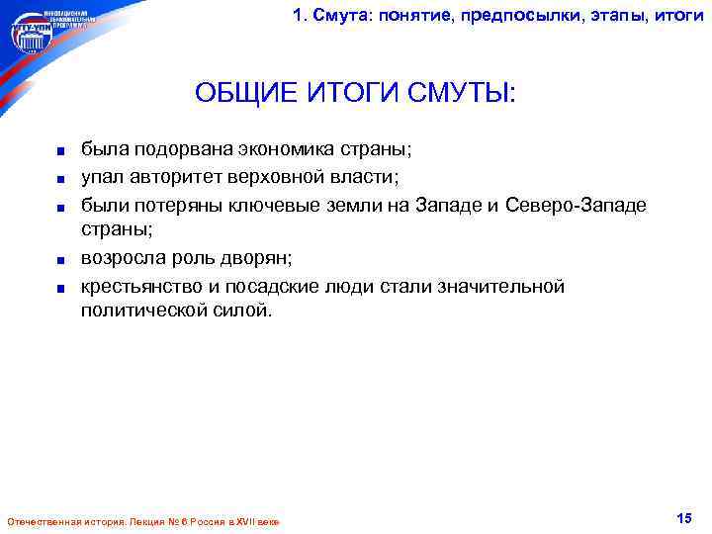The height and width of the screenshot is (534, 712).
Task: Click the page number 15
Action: [x=683, y=518]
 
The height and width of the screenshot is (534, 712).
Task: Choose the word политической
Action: [x=146, y=311]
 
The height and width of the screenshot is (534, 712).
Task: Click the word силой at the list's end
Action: [x=241, y=311]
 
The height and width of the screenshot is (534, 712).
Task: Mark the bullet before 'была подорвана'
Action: [x=60, y=152]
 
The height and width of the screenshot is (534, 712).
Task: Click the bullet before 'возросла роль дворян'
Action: [x=60, y=261]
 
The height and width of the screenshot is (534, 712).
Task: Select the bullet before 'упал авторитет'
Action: [x=60, y=179]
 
